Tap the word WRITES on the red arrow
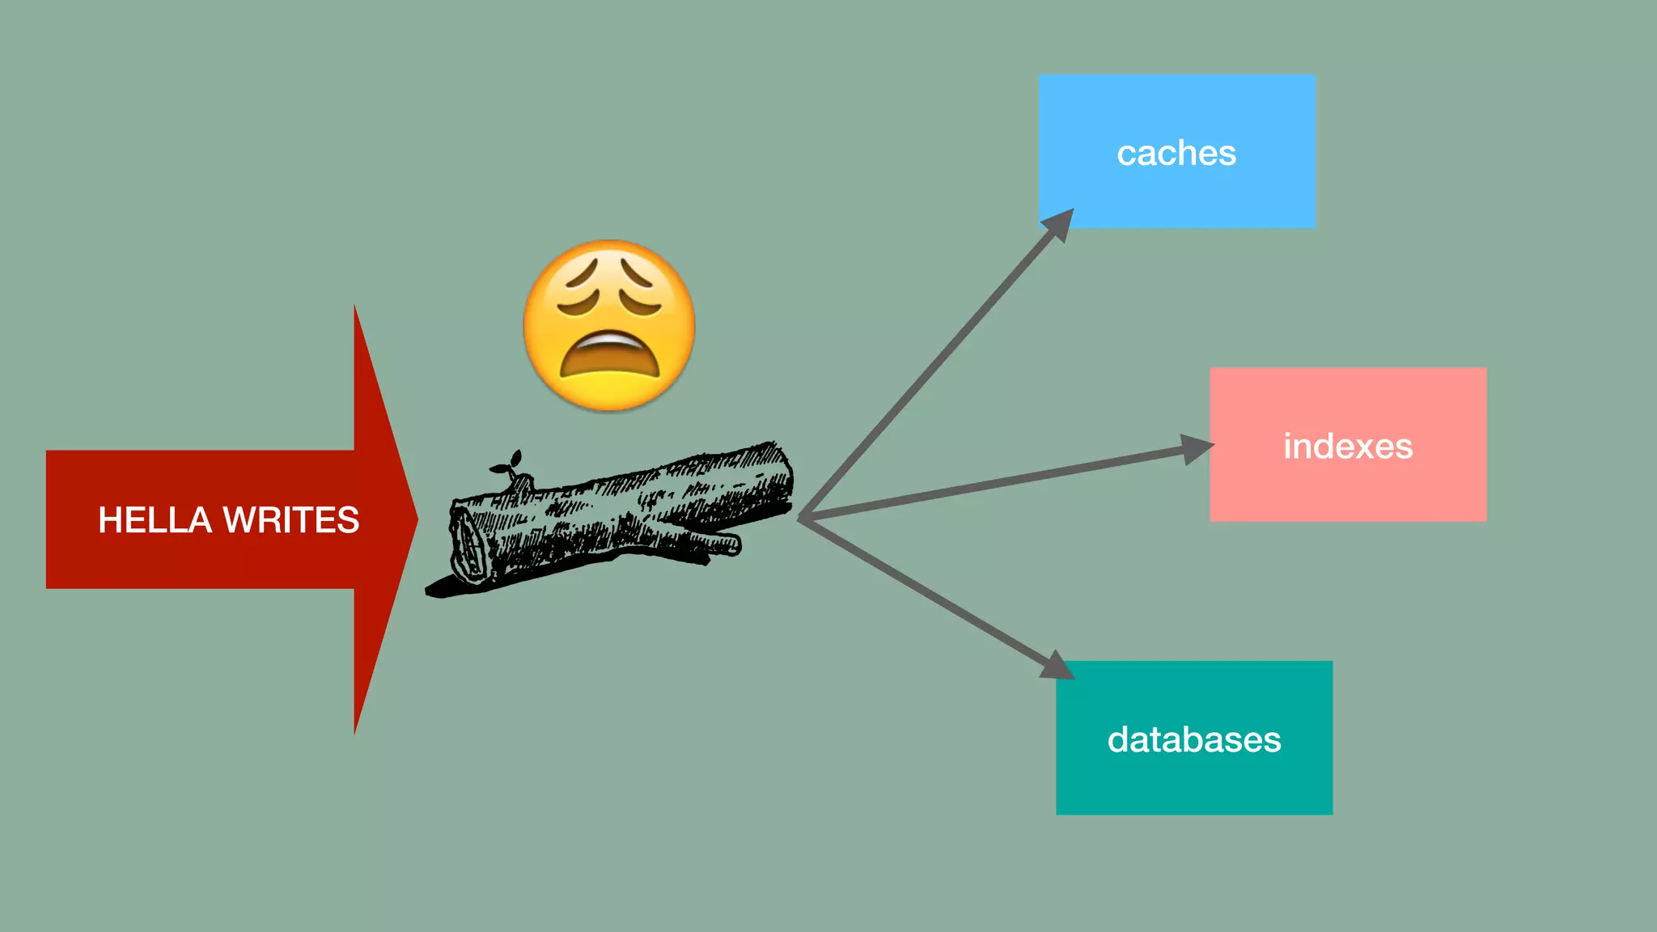tap(291, 520)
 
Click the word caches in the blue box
tap(1176, 153)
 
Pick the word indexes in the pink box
tap(1348, 447)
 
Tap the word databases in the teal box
tap(1194, 739)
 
